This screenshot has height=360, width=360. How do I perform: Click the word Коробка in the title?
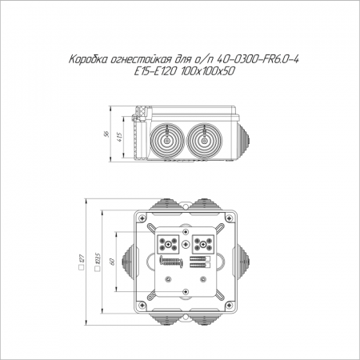87,59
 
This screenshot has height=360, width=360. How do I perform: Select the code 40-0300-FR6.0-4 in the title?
258,59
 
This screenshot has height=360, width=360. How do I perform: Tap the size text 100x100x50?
207,71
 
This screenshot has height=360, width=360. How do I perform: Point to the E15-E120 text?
155,71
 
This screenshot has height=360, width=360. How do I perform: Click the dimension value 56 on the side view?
106,134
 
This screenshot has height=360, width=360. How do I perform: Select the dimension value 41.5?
120,137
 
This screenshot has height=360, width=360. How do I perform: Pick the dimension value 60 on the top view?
112,262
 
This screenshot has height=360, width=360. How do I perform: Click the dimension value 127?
82,258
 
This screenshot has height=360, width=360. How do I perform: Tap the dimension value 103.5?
98,259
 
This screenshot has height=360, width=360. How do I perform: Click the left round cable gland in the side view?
167,141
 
